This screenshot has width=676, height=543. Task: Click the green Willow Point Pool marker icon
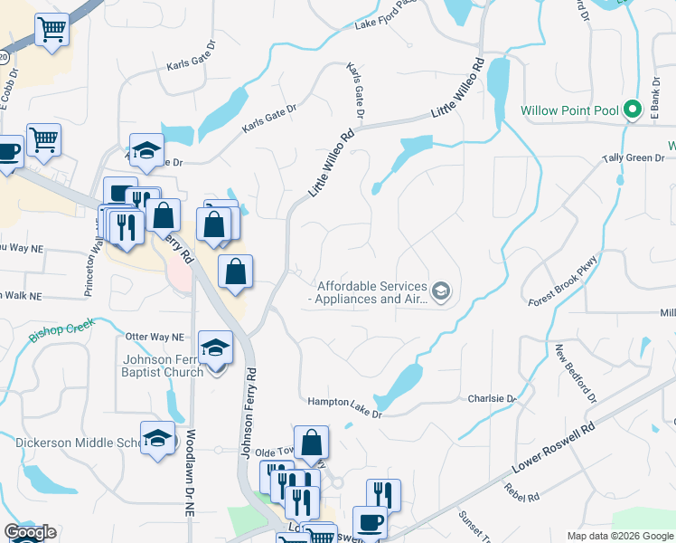[x=634, y=111]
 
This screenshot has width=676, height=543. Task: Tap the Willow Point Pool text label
[x=569, y=111]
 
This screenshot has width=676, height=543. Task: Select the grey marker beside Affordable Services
[x=440, y=291]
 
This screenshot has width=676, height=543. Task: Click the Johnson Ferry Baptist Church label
[x=164, y=365]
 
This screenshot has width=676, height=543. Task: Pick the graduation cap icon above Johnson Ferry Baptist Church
[x=216, y=348]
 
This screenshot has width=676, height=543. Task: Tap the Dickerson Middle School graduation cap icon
[x=157, y=439]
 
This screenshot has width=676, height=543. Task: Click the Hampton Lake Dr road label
[x=344, y=407]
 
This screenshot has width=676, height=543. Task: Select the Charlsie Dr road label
[x=491, y=398]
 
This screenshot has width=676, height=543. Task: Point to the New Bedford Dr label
[x=577, y=373]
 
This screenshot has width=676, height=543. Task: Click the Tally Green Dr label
[x=634, y=158]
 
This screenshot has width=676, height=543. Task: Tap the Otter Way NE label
[x=155, y=336]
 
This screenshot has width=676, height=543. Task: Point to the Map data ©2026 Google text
[x=619, y=536]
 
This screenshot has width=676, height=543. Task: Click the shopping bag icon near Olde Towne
[x=311, y=443]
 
